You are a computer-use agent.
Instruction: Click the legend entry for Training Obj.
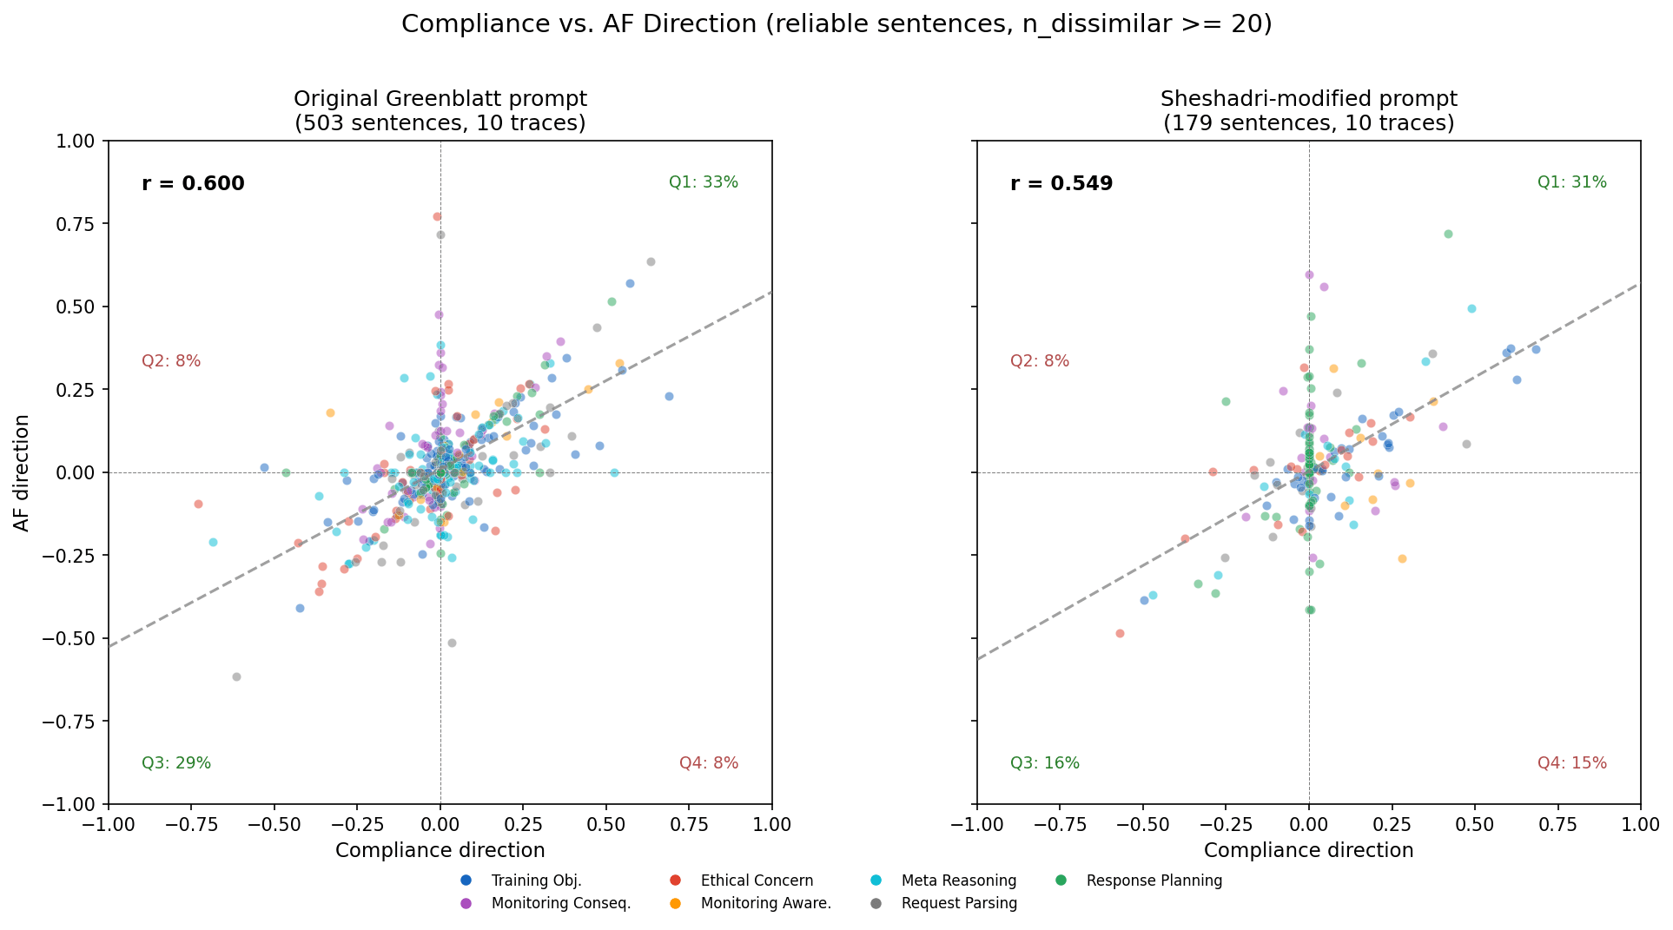coord(536,881)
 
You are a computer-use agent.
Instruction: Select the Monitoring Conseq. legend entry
coord(560,903)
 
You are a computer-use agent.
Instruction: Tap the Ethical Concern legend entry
coord(757,881)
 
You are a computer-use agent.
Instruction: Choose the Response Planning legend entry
coord(1154,881)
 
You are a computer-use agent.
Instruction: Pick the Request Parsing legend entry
coord(959,903)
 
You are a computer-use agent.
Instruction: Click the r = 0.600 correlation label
coord(193,184)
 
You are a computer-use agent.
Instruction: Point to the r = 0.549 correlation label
coord(1061,184)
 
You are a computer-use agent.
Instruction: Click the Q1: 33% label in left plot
coord(703,182)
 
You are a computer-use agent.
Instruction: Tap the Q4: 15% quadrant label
coord(1571,763)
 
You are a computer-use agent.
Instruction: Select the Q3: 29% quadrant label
coord(176,763)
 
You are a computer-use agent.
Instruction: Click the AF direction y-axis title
coord(22,472)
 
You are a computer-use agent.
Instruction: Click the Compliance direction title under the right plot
coord(1308,851)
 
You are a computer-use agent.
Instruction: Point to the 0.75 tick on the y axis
coord(79,224)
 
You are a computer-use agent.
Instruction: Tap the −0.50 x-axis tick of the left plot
coord(274,824)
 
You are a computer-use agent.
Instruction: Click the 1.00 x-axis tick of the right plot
coord(1640,824)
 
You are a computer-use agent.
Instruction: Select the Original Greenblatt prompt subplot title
coord(440,99)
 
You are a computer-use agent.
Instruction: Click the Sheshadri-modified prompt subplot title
coord(1308,99)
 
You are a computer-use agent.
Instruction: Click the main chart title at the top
coord(836,24)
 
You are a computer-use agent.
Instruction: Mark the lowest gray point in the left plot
coord(236,676)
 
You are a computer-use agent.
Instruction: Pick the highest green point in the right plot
coord(1448,234)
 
